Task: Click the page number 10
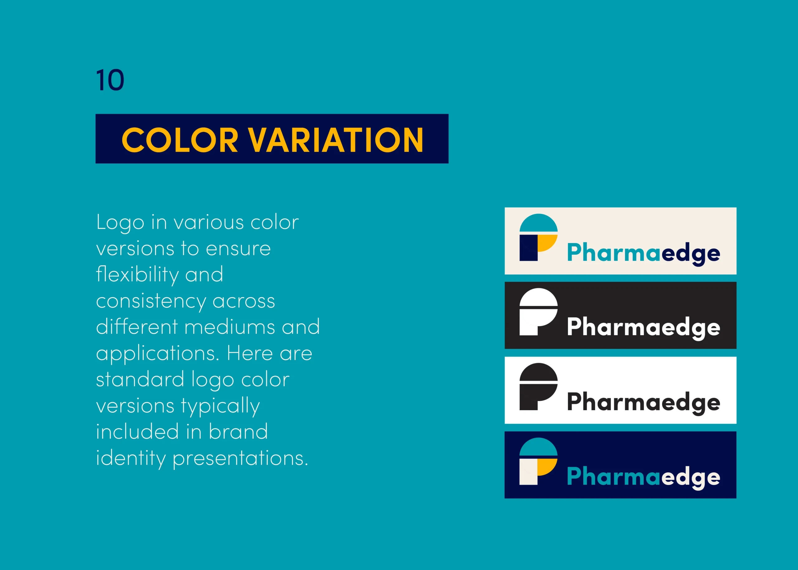[110, 80]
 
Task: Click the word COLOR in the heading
[180, 140]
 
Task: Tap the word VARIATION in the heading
[336, 140]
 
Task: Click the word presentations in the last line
[240, 458]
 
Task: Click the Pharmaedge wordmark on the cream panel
[643, 253]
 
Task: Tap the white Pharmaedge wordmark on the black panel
[643, 328]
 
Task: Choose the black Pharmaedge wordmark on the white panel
[643, 403]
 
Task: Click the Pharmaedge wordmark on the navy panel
[643, 477]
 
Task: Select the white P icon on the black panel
[539, 312]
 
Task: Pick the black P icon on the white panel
[539, 386]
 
